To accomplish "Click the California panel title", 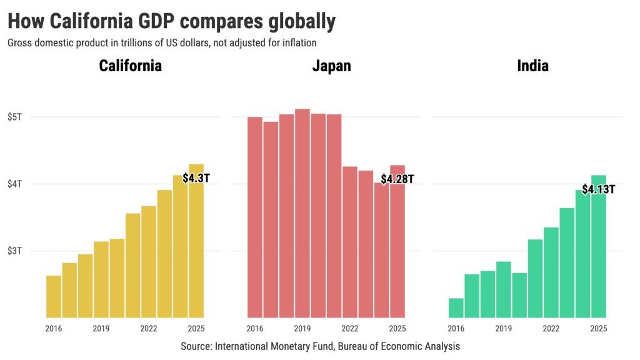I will (x=131, y=66).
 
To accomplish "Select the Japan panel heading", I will (x=331, y=66).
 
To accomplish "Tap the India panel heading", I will (x=532, y=66).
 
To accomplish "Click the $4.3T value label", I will (x=196, y=178).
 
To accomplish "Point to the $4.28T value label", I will (x=397, y=179).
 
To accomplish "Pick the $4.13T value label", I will (x=599, y=189).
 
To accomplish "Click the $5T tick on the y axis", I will (x=15, y=117).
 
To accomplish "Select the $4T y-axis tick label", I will (x=15, y=184).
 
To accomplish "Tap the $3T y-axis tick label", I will (x=15, y=251).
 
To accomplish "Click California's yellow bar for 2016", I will (x=54, y=297).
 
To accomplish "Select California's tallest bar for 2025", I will (x=196, y=250).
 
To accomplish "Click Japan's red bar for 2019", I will (x=302, y=212).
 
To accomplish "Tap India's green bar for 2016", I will (x=456, y=308).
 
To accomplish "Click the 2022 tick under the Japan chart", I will (x=350, y=329).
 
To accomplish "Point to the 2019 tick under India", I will (x=504, y=329).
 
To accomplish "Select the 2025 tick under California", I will (x=196, y=329).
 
